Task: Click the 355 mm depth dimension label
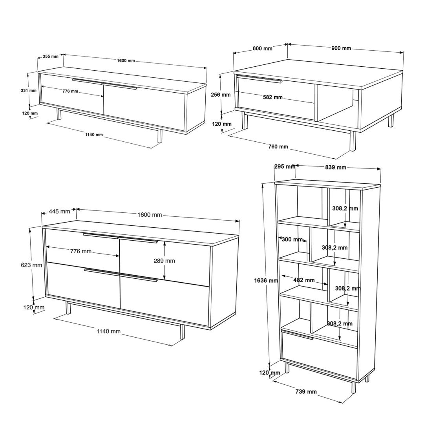click(x=51, y=57)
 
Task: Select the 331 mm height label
click(x=28, y=91)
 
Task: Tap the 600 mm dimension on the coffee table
click(x=262, y=48)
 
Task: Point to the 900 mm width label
click(x=341, y=48)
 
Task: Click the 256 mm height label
click(x=221, y=95)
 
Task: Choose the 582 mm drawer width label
click(x=272, y=97)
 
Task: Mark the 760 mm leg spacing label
click(x=278, y=146)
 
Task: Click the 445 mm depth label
click(x=60, y=211)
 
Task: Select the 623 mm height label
click(x=31, y=265)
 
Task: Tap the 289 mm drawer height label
click(x=164, y=261)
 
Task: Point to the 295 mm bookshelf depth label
click(x=285, y=166)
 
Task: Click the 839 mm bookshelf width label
click(x=336, y=167)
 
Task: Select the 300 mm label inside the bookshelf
click(x=292, y=239)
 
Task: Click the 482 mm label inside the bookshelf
click(x=304, y=280)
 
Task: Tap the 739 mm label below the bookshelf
click(x=306, y=391)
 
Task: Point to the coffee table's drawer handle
click(x=260, y=79)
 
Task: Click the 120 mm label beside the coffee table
click(x=221, y=124)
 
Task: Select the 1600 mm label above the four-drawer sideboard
click(x=150, y=215)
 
